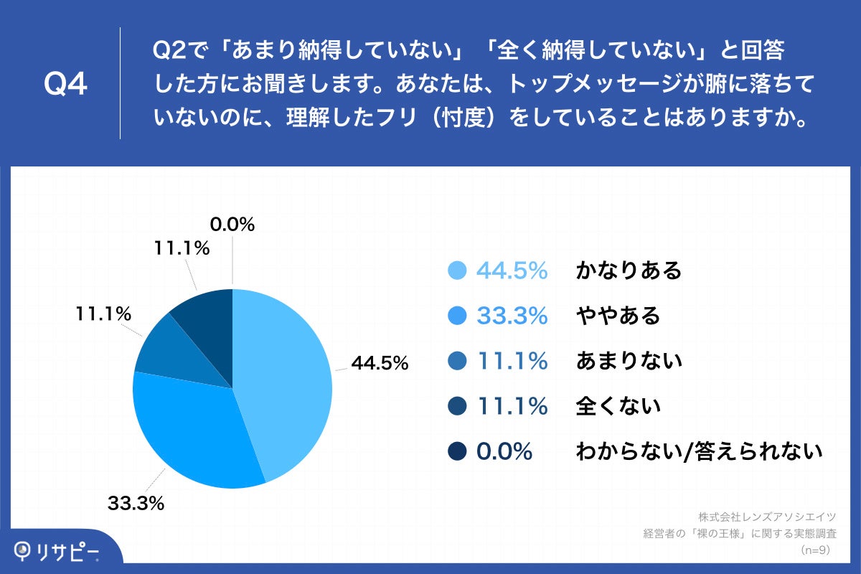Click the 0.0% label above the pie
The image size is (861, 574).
[232, 225]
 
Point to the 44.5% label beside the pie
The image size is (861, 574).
[380, 364]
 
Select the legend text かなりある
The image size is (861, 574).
[629, 270]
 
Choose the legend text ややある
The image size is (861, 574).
[618, 316]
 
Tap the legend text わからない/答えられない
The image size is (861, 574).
[698, 451]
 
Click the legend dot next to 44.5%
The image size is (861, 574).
[457, 270]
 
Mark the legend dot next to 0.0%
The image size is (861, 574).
[457, 451]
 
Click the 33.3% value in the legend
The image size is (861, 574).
[512, 316]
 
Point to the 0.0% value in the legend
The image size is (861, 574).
[504, 451]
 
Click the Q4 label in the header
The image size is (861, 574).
[65, 84]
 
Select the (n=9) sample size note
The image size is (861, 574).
[815, 550]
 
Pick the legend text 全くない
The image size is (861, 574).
[618, 406]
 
